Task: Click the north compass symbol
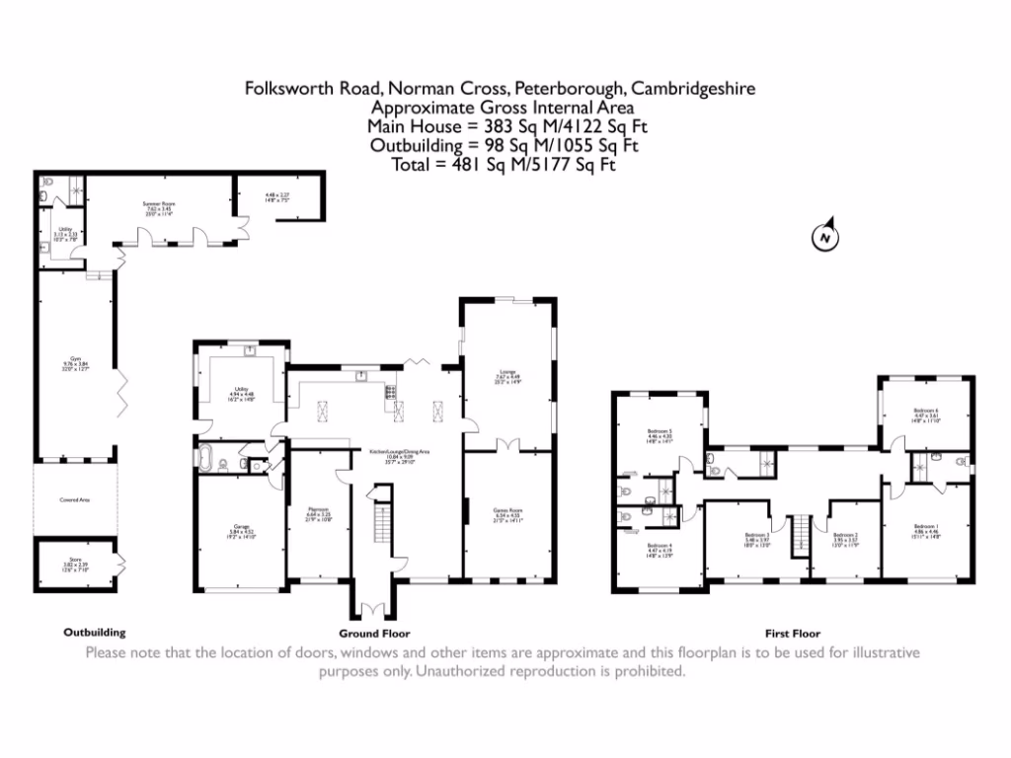click(822, 237)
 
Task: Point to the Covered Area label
click(75, 500)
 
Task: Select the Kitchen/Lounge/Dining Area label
click(400, 454)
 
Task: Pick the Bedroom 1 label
click(925, 529)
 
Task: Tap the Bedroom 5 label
click(660, 435)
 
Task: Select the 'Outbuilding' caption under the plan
click(95, 633)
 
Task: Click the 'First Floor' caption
click(793, 634)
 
